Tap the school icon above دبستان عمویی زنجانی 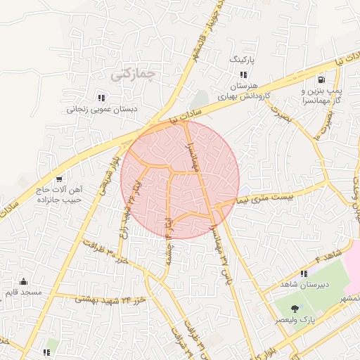pos(101,98)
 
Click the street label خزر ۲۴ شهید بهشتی pos(110,300)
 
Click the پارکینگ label pos(245,61)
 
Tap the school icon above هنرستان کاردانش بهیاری pos(243,74)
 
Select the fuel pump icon pos(321,80)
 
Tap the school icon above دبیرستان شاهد pos(304,274)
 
